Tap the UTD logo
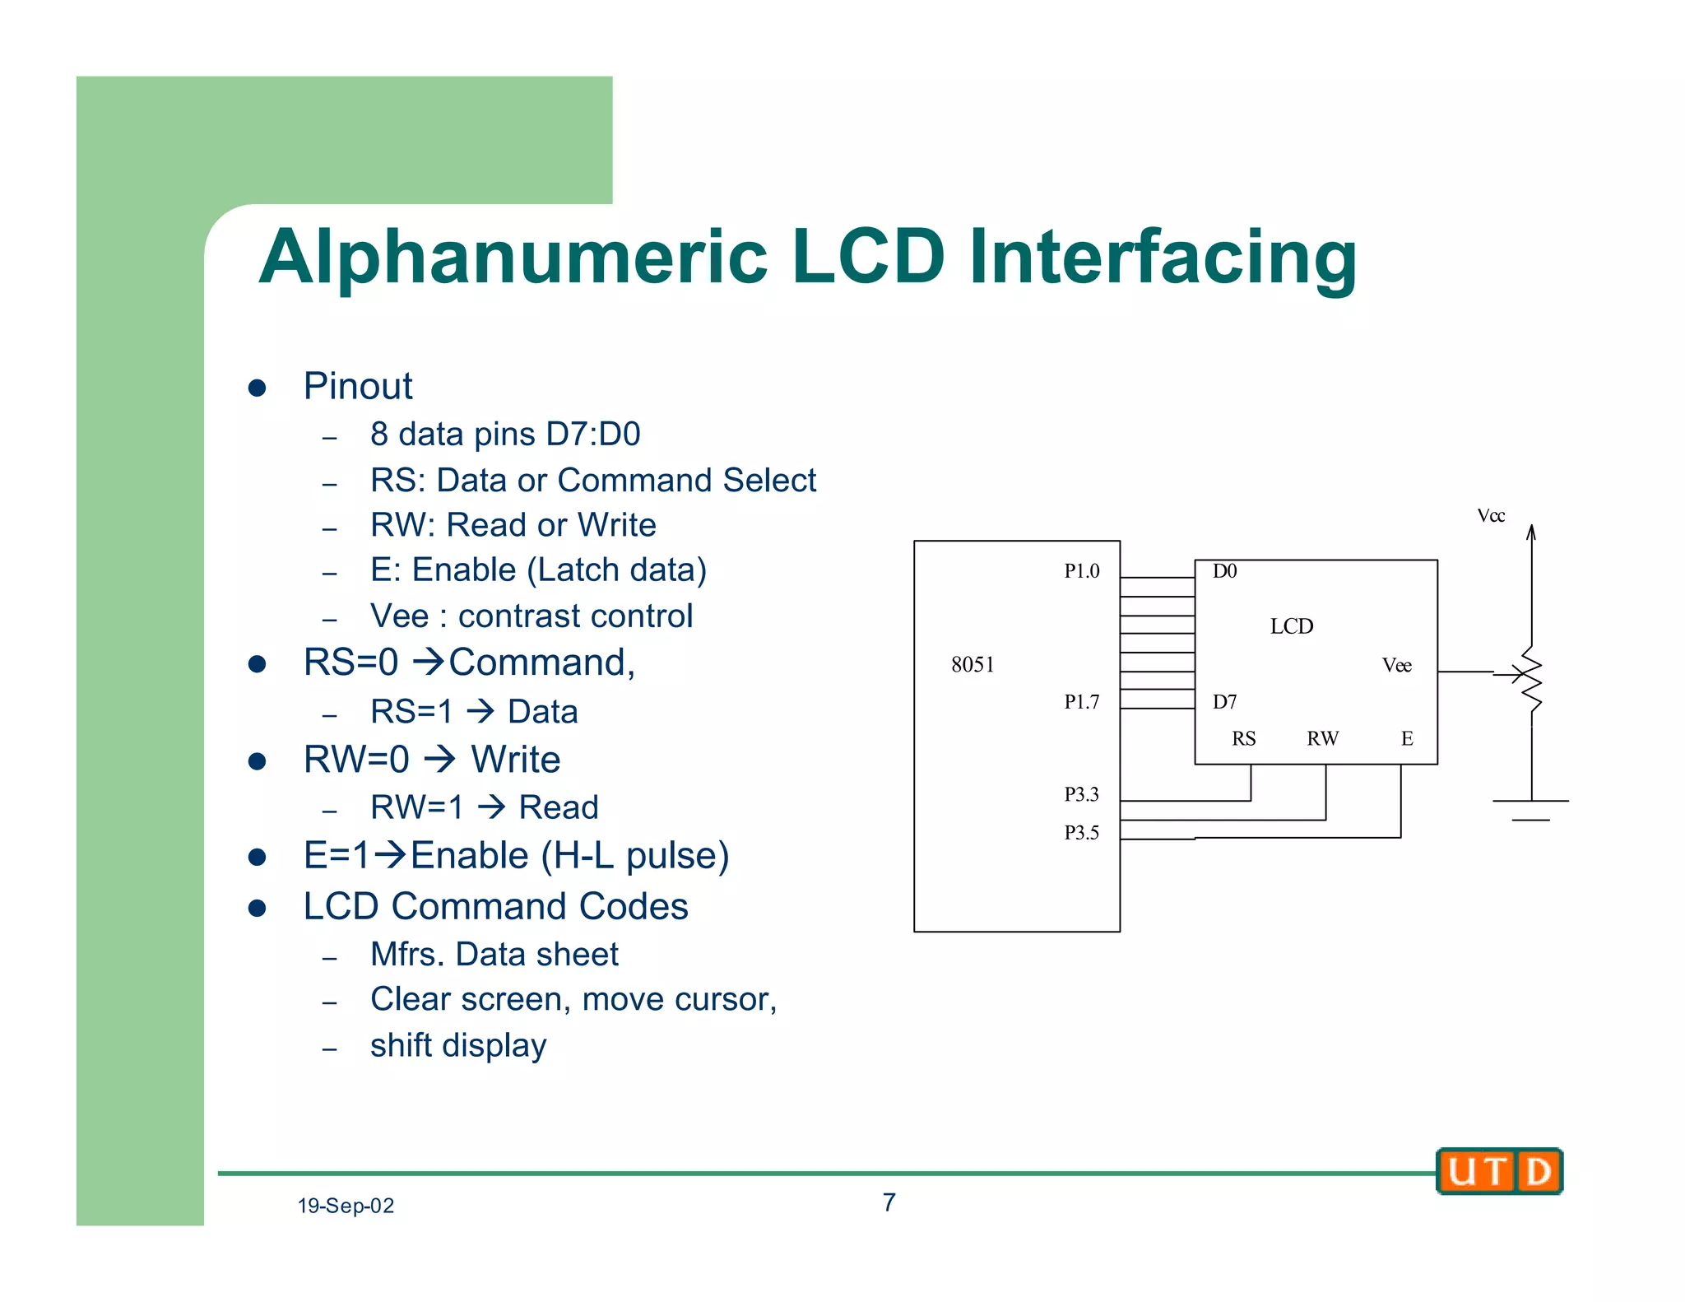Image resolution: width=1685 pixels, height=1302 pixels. click(x=1499, y=1171)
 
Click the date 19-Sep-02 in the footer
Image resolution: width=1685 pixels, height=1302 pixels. click(x=346, y=1206)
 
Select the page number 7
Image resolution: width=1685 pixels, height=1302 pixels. click(x=889, y=1202)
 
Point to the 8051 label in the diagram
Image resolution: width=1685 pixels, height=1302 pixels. click(x=972, y=665)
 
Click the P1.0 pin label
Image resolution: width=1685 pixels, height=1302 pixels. click(x=1081, y=571)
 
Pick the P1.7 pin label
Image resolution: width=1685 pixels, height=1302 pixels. click(x=1081, y=702)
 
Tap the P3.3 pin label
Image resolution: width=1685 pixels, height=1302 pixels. click(x=1081, y=794)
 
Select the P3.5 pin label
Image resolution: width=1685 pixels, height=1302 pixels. click(x=1081, y=833)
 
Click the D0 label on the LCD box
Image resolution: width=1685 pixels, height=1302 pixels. click(x=1224, y=571)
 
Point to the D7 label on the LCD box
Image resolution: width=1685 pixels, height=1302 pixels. click(x=1224, y=702)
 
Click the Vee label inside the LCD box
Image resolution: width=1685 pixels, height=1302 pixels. click(x=1396, y=665)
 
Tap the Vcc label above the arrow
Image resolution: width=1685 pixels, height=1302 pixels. click(x=1491, y=516)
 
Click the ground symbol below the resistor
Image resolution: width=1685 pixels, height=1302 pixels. click(x=1531, y=809)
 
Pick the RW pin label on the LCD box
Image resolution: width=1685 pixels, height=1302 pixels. click(x=1322, y=738)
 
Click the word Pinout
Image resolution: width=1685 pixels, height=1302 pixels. click(x=358, y=386)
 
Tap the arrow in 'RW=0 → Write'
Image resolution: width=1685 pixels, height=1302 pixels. click(x=440, y=759)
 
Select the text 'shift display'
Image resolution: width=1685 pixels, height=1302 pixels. click(x=458, y=1045)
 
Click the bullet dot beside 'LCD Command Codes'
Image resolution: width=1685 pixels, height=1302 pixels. click(x=258, y=908)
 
